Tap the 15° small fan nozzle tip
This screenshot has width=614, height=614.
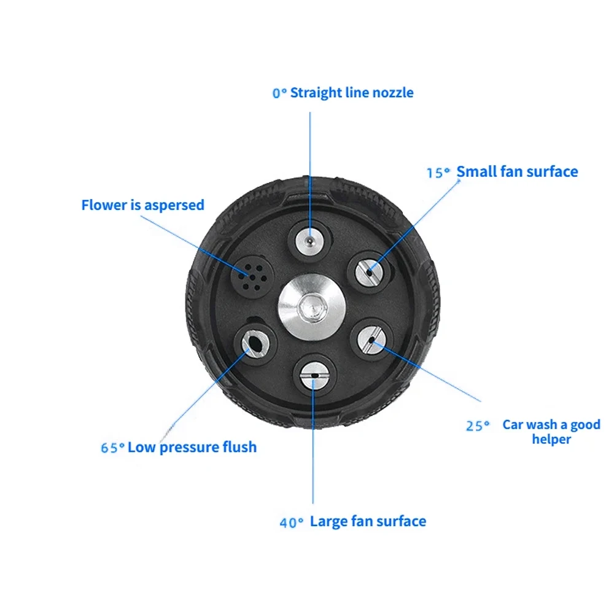[368, 270]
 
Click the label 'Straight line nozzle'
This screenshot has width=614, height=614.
[352, 93]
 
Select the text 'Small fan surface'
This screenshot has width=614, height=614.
[517, 171]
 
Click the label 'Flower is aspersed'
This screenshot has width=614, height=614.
[142, 204]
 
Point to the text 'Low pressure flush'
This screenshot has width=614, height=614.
[192, 446]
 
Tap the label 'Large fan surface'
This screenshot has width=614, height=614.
[368, 521]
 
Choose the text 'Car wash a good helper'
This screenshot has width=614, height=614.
[551, 432]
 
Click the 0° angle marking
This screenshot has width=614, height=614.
[279, 93]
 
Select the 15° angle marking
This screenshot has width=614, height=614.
[438, 173]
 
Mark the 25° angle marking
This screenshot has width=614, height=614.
[477, 426]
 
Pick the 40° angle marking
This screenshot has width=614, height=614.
[292, 523]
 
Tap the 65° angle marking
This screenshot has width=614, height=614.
[112, 448]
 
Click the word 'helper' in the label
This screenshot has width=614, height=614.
[551, 440]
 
